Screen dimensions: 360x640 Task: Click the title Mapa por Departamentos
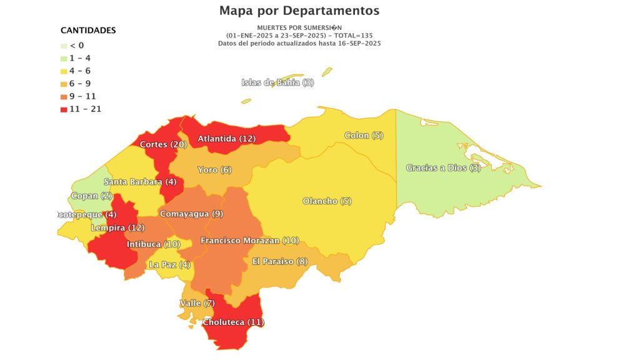coord(299,11)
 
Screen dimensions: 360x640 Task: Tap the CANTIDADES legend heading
coord(88,31)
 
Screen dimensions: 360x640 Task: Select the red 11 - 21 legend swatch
coord(64,109)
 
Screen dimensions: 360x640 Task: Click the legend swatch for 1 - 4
coord(64,58)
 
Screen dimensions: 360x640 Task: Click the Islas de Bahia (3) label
coord(277,82)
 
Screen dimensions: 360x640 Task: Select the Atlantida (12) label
coord(226,139)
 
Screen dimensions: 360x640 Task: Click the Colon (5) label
coord(364,136)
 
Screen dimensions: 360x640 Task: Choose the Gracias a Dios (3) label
coord(443,167)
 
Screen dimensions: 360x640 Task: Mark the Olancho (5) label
coord(327,201)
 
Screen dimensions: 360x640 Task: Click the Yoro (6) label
coord(214,170)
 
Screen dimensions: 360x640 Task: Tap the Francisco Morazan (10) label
coord(249,241)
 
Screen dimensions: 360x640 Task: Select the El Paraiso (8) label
coord(279,261)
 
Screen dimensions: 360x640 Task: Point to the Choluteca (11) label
coord(233,322)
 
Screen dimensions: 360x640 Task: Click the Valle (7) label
coord(197,303)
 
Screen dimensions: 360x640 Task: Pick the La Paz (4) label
coord(169,264)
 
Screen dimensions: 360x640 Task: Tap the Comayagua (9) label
coord(191,214)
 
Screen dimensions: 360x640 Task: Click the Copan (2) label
coord(91,196)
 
